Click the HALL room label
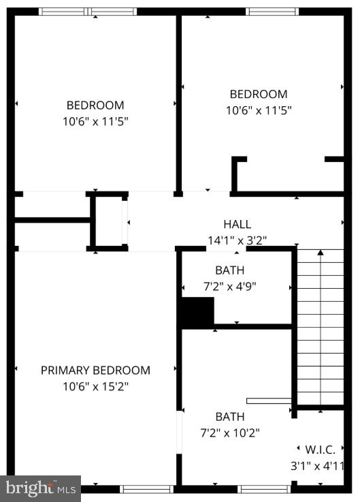237,224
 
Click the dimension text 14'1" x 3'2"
237,240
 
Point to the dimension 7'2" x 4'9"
229,287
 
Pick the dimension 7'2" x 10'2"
230,432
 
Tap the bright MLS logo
41,488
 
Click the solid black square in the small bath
197,313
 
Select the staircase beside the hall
320,327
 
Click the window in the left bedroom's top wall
88,12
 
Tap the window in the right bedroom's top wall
272,12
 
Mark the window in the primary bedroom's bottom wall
147,488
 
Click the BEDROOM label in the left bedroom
95,106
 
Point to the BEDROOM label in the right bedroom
259,95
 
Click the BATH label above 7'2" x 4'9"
229,270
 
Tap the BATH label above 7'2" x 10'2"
230,416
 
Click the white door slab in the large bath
269,401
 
